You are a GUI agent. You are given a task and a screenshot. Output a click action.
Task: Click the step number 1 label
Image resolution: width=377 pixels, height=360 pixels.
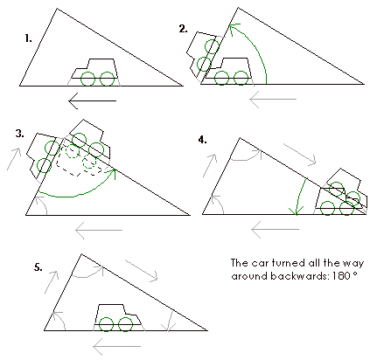pos(28,38)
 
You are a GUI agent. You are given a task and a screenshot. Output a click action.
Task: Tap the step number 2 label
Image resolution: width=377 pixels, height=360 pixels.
pos(183,29)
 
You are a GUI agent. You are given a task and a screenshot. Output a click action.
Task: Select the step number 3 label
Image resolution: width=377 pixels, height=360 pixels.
pos(20,134)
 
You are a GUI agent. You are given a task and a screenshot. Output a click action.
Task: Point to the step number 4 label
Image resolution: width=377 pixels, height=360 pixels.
pos(202,140)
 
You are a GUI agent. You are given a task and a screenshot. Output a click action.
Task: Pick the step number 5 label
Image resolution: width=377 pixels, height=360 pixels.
pos(38,267)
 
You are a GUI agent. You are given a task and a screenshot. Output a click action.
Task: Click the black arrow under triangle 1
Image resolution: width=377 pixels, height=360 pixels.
pos(92,100)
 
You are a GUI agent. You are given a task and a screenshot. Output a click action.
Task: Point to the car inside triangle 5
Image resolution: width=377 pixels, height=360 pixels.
pos(118,318)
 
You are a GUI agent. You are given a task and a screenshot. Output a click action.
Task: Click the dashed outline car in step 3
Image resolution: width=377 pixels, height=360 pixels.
pos(80,160)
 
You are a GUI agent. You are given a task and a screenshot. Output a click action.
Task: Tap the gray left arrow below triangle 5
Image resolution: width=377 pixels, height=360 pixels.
pos(117,346)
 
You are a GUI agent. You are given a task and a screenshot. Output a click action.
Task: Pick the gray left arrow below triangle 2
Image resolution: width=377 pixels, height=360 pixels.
pos(273,100)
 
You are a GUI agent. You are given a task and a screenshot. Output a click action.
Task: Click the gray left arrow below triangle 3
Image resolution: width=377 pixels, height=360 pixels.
pos(99,230)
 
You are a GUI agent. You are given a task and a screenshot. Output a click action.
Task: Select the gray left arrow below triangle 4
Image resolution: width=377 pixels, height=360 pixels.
pos(276,229)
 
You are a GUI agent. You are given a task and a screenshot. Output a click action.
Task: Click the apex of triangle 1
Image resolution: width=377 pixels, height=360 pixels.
pos(57,9)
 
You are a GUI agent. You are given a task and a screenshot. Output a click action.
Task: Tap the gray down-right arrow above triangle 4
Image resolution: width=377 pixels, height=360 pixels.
pos(300,155)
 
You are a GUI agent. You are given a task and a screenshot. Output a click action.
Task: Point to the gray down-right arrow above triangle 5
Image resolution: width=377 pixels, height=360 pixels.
pos(142,270)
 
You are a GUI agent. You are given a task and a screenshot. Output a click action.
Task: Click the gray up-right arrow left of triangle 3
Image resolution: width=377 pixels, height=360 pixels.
pos(14,159)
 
